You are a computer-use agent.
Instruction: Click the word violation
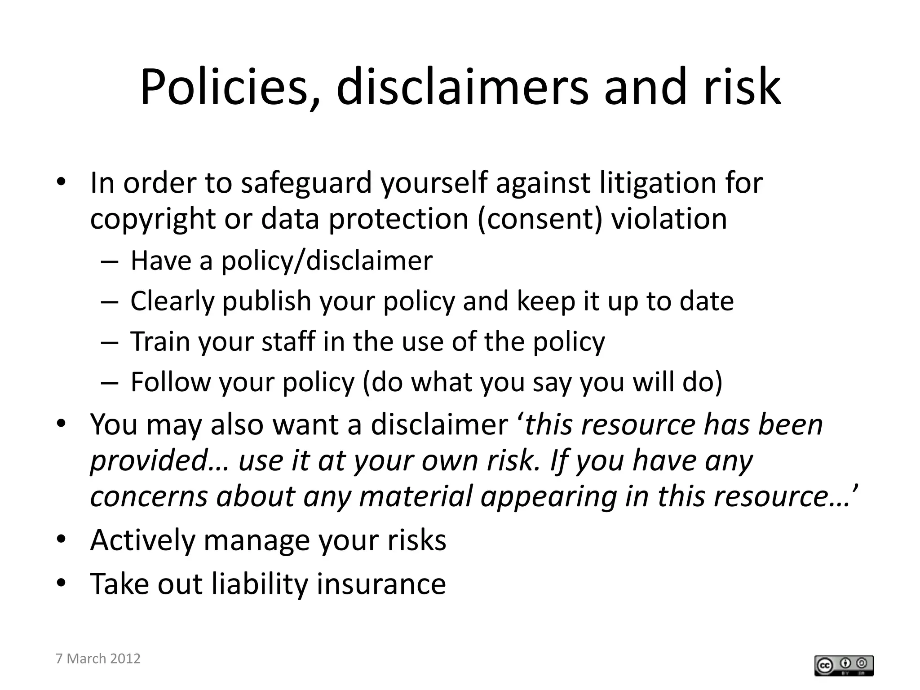tap(669, 219)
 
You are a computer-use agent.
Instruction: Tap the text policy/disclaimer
tap(327, 261)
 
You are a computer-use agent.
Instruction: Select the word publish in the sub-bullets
tap(266, 301)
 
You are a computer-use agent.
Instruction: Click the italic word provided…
tap(160, 461)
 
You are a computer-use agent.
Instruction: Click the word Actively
tap(142, 540)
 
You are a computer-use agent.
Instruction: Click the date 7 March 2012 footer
tap(98, 659)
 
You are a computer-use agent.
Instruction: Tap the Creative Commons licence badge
tap(844, 666)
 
